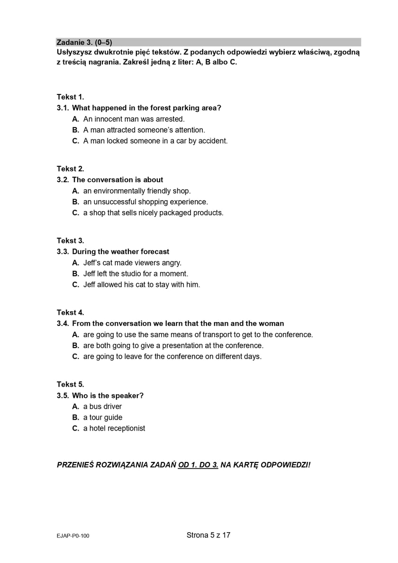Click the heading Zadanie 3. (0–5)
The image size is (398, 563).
coord(84,42)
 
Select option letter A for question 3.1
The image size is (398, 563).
coord(75,119)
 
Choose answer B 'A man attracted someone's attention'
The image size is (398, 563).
coord(144,130)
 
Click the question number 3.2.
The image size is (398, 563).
coord(63,180)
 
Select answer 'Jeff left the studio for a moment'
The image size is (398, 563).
coord(136,274)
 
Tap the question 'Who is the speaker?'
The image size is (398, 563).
coord(108,396)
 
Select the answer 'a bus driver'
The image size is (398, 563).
coord(102,406)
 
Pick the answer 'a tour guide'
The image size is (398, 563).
coord(102,417)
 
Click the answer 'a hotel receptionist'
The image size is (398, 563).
coord(114,428)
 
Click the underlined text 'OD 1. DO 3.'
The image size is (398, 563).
coord(198,465)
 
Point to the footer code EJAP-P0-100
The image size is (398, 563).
coord(73,536)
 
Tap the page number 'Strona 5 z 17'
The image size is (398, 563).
coord(208,535)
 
